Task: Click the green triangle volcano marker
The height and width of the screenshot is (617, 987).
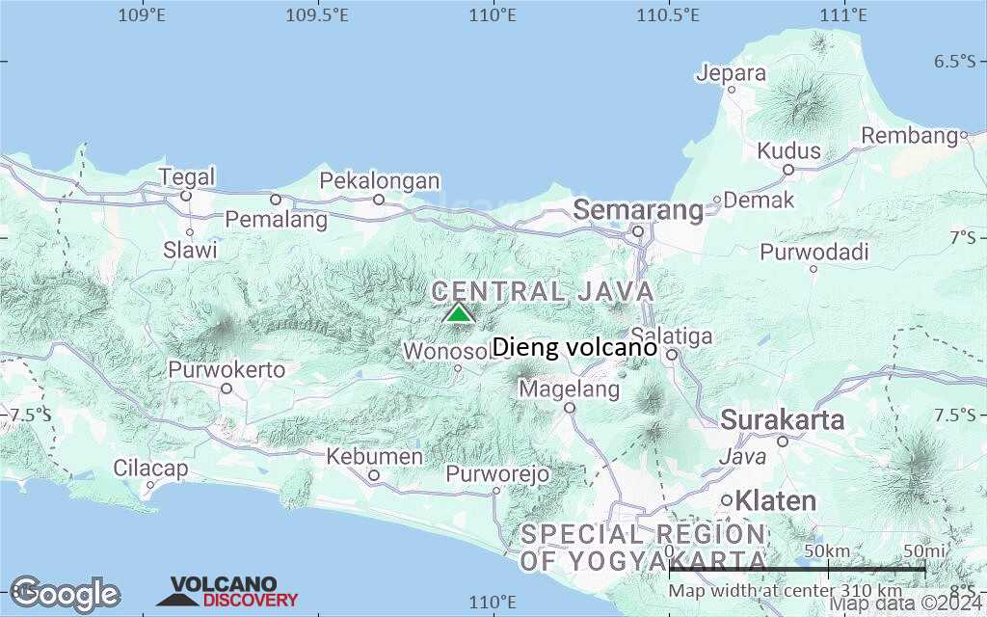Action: pyautogui.click(x=459, y=313)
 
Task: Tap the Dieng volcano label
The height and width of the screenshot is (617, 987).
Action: pyautogui.click(x=574, y=347)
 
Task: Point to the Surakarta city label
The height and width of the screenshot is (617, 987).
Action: pyautogui.click(x=783, y=420)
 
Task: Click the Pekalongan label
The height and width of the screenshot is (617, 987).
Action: pyautogui.click(x=380, y=181)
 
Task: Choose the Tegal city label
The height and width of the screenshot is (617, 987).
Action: pyautogui.click(x=187, y=177)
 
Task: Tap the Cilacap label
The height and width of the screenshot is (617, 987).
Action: pyautogui.click(x=151, y=468)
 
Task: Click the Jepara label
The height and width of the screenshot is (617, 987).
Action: pyautogui.click(x=732, y=73)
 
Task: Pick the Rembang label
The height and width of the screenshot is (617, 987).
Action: pyautogui.click(x=909, y=136)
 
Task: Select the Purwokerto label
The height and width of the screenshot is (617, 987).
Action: pyautogui.click(x=227, y=370)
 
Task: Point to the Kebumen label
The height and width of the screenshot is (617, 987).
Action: pyautogui.click(x=374, y=456)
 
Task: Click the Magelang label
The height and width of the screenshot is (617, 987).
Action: pyautogui.click(x=569, y=389)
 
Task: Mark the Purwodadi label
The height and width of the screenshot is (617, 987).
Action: pyautogui.click(x=814, y=253)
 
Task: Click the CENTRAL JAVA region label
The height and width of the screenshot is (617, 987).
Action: pyautogui.click(x=543, y=291)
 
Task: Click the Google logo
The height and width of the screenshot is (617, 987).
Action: pyautogui.click(x=66, y=594)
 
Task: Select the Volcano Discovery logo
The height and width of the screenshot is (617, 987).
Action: pyautogui.click(x=228, y=592)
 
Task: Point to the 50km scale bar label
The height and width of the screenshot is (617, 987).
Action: pyautogui.click(x=827, y=550)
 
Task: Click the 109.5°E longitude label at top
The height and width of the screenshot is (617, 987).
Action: pyautogui.click(x=317, y=14)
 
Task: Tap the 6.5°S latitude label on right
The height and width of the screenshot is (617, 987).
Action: pyautogui.click(x=954, y=62)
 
